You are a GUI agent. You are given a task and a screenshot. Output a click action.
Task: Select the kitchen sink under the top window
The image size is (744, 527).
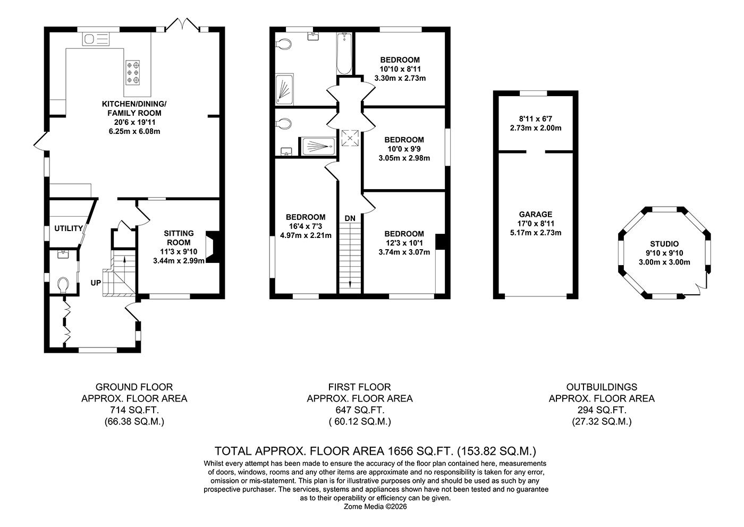tap(96, 39)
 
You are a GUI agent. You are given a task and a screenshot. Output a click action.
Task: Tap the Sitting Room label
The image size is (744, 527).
tap(179, 237)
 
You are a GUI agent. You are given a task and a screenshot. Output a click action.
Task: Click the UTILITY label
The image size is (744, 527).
tap(69, 228)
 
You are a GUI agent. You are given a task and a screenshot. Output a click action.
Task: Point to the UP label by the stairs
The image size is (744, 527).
tap(96, 283)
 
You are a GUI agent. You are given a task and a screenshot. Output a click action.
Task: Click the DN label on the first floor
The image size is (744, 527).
tap(350, 218)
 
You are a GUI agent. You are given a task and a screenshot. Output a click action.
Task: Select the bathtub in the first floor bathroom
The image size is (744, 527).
tap(344, 53)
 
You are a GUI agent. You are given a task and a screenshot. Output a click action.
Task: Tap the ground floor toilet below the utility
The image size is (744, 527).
tap(64, 285)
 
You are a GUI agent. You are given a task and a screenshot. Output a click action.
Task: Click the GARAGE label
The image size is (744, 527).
tap(536, 214)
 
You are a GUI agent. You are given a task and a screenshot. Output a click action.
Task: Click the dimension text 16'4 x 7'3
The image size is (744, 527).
tap(305, 226)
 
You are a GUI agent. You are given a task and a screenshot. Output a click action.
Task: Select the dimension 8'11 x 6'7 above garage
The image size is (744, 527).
tap(536, 118)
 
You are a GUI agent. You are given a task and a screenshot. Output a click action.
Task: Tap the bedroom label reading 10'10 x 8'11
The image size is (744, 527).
tap(400, 69)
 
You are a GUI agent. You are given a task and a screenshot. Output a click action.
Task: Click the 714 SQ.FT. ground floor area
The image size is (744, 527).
tap(134, 410)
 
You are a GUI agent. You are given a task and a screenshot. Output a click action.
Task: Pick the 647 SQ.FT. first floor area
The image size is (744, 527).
tap(360, 410)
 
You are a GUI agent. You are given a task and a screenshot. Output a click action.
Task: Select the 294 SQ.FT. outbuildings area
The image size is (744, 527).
tap(602, 410)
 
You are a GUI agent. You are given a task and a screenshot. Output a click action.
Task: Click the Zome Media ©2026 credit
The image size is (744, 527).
tap(375, 507)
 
